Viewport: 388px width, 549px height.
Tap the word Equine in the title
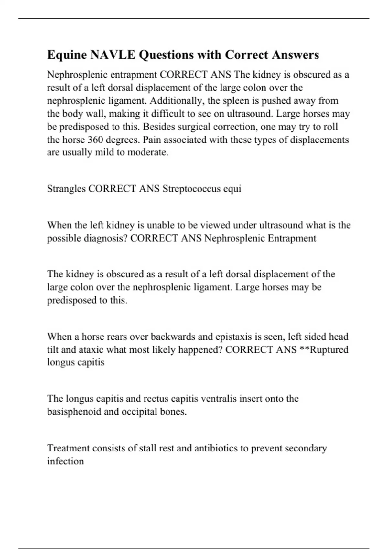coord(67,55)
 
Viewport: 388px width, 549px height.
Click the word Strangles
coord(66,188)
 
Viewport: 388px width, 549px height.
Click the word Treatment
coord(68,448)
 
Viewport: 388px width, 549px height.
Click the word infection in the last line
coord(65,461)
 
